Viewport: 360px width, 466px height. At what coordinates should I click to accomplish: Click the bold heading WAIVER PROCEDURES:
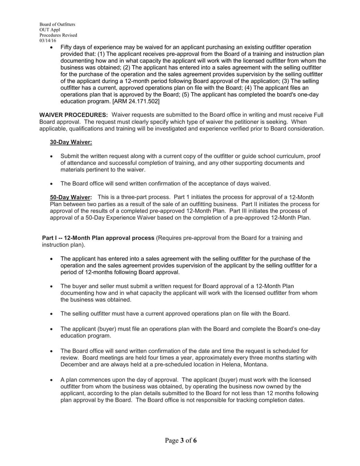(x=74, y=115)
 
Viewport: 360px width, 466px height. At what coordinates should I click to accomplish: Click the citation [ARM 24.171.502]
(x=135, y=101)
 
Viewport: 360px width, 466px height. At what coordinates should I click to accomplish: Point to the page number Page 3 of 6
(x=180, y=440)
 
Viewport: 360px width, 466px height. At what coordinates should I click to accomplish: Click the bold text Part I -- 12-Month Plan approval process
(x=98, y=238)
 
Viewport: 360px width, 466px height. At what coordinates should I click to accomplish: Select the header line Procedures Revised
(x=58, y=35)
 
